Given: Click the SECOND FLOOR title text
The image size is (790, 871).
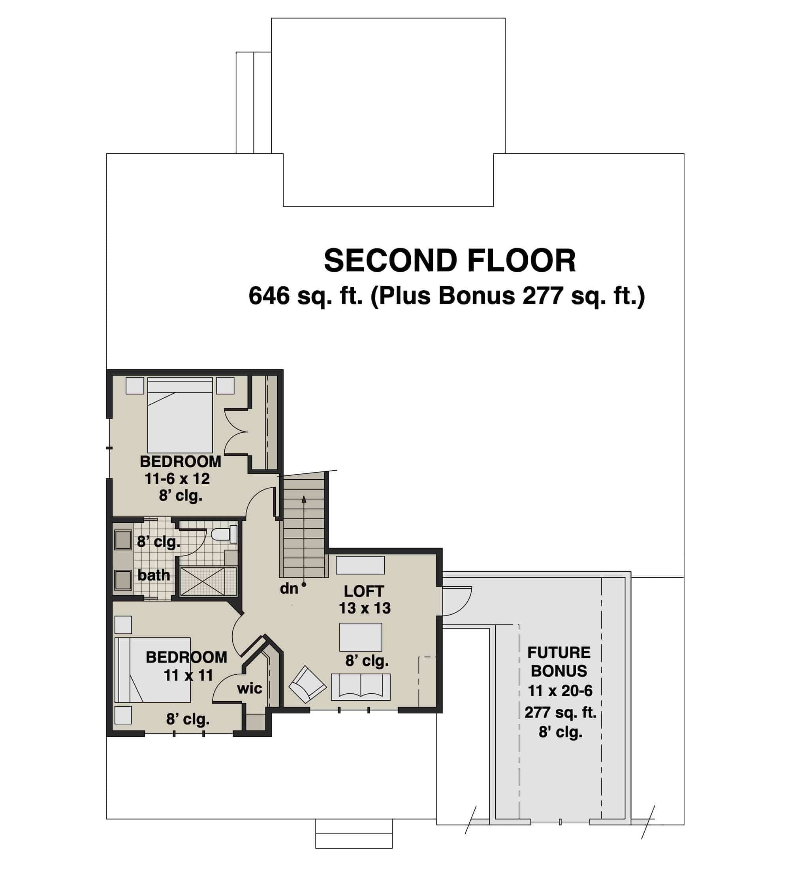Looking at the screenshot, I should (x=450, y=261).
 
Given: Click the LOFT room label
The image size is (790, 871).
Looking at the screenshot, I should (x=363, y=591).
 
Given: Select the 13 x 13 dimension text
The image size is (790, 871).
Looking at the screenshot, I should (x=364, y=608).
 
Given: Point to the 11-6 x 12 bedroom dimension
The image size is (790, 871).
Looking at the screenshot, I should (x=177, y=479).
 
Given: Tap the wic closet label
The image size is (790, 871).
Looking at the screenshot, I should (x=249, y=688).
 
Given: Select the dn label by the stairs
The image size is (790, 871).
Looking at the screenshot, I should (x=289, y=588).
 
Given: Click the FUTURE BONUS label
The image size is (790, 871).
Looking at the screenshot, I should (x=559, y=661).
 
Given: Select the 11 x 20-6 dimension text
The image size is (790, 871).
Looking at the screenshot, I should (x=560, y=691).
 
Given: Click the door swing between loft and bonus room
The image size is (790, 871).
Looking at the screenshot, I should (x=457, y=601).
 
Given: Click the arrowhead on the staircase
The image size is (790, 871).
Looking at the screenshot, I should (x=304, y=499).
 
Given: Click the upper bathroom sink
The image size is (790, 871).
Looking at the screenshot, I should (x=123, y=540).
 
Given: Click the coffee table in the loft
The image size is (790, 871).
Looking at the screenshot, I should (x=360, y=637).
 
